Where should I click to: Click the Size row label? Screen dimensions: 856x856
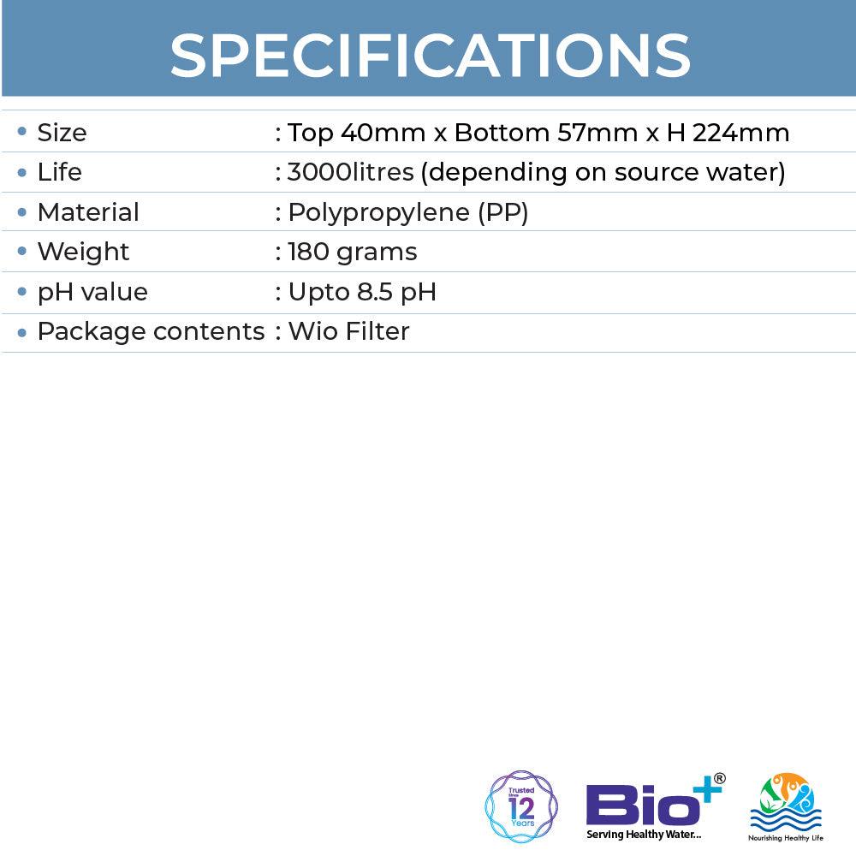(62, 134)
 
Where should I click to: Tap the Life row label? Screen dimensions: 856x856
(59, 173)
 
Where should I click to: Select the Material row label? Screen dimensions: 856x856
(87, 212)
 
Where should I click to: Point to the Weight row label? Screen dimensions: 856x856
(83, 252)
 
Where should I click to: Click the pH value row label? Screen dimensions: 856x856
(92, 292)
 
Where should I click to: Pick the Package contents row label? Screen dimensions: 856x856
(151, 331)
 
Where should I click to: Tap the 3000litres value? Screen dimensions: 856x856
(351, 173)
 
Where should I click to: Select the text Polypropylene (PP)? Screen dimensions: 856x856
(407, 212)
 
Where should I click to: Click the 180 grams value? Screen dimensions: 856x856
(353, 252)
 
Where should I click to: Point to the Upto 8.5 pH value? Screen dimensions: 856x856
(362, 292)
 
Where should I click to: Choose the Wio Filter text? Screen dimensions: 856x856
(348, 331)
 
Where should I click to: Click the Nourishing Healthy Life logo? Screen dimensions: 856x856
(786, 807)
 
